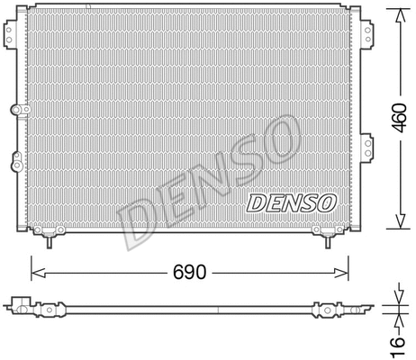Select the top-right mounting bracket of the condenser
point(367,31)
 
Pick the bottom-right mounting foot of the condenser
point(325,237)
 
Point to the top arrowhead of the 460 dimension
point(397,13)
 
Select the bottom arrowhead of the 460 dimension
point(397,228)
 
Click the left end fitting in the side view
point(19,305)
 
